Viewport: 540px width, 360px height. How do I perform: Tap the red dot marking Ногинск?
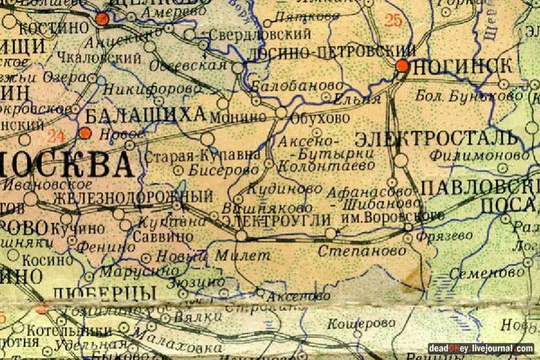(x=403, y=65)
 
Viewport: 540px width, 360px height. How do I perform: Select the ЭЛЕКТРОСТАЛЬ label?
(x=436, y=139)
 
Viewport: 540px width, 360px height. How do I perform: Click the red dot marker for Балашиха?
(x=86, y=133)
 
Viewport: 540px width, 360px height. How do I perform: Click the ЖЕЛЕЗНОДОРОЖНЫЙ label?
(x=133, y=197)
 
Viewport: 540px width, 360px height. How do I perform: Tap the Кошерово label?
(x=353, y=324)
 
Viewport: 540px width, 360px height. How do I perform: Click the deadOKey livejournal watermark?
(x=481, y=349)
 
